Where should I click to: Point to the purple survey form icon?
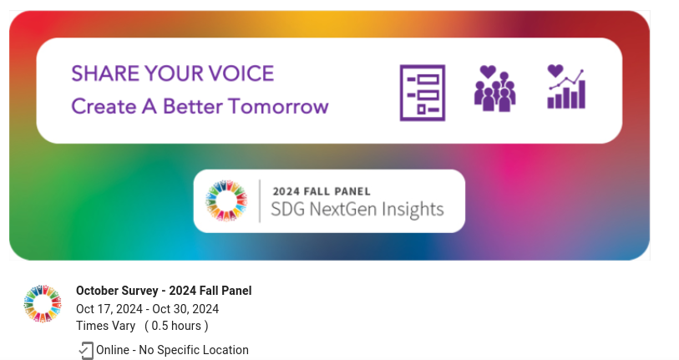(x=423, y=93)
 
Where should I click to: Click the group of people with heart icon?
(x=494, y=89)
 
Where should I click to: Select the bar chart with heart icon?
(x=566, y=87)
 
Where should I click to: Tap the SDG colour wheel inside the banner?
(x=226, y=200)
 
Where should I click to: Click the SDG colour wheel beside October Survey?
(x=43, y=304)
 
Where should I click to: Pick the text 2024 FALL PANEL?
(x=322, y=191)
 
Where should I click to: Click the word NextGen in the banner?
(x=342, y=210)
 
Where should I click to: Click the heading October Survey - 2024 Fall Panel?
(x=164, y=291)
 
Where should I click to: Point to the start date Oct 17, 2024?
(x=109, y=309)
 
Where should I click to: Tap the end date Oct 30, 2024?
(x=185, y=309)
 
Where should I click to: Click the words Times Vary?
(x=106, y=326)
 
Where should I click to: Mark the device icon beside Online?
(x=86, y=351)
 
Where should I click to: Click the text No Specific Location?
(x=194, y=350)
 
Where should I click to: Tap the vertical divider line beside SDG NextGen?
(x=260, y=201)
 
